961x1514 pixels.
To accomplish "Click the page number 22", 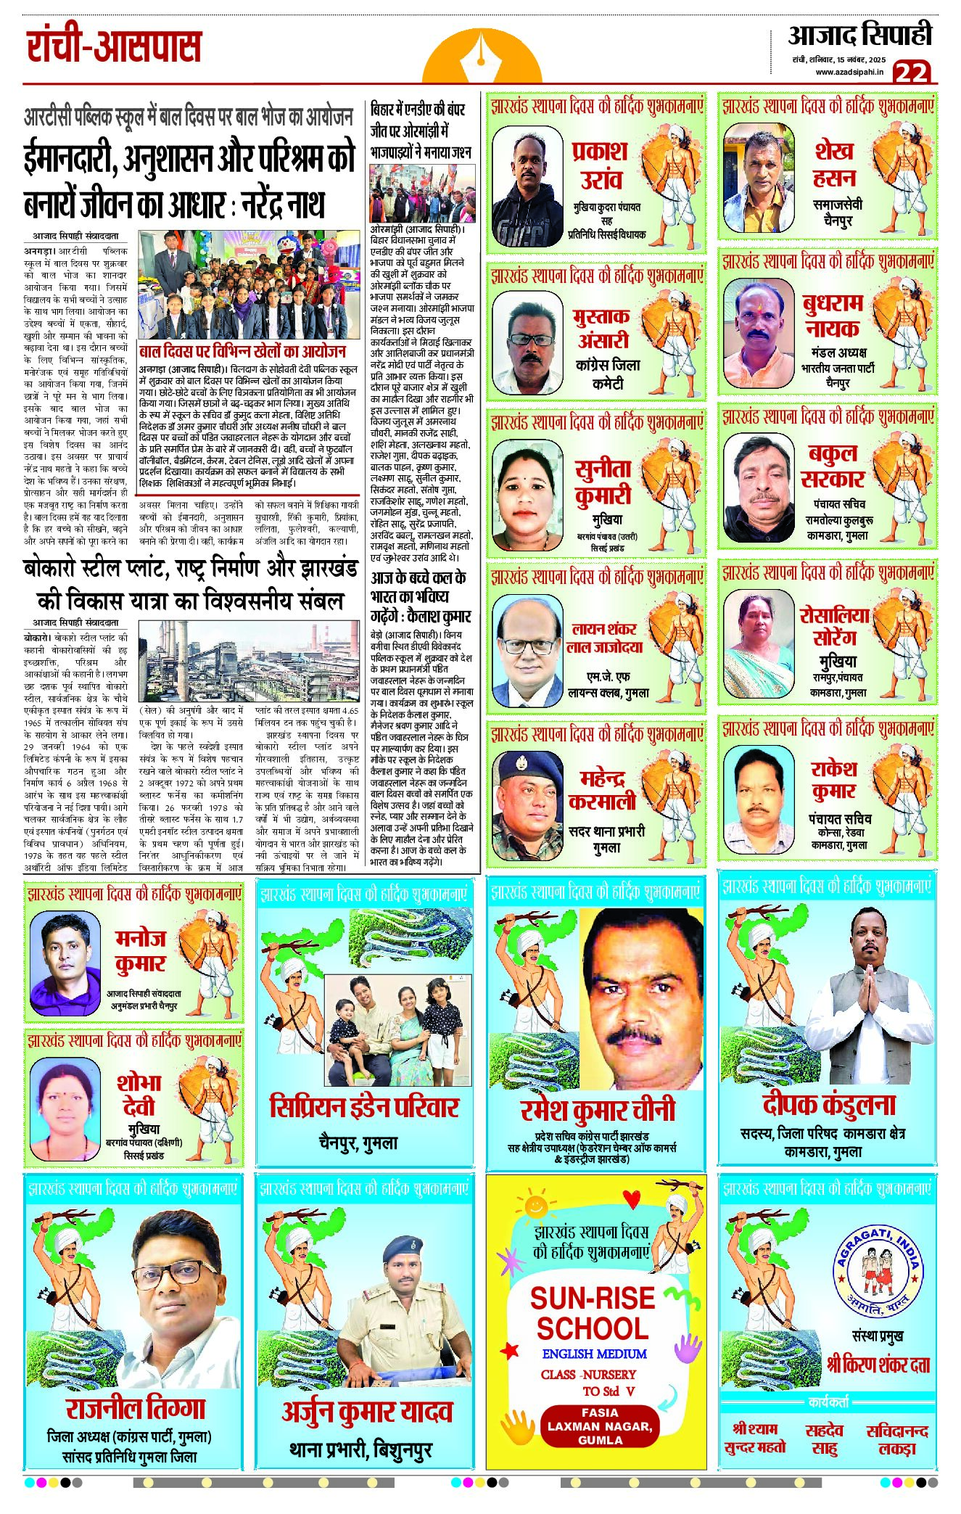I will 911,73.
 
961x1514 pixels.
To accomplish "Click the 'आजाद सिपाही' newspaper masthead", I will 859,35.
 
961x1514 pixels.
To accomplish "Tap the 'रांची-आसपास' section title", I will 114,46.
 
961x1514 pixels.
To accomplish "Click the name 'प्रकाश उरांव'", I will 600,165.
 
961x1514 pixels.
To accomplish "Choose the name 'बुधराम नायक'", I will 832,316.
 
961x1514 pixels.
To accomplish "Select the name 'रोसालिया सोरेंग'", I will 834,626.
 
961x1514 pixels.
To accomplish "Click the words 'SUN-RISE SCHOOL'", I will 592,1314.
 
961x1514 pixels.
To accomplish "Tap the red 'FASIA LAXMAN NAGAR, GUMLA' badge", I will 599,1425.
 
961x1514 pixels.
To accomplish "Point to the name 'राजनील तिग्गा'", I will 136,1408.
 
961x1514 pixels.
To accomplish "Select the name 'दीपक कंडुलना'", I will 829,1105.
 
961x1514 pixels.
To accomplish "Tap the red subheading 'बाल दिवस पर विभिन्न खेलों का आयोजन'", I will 242,352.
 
